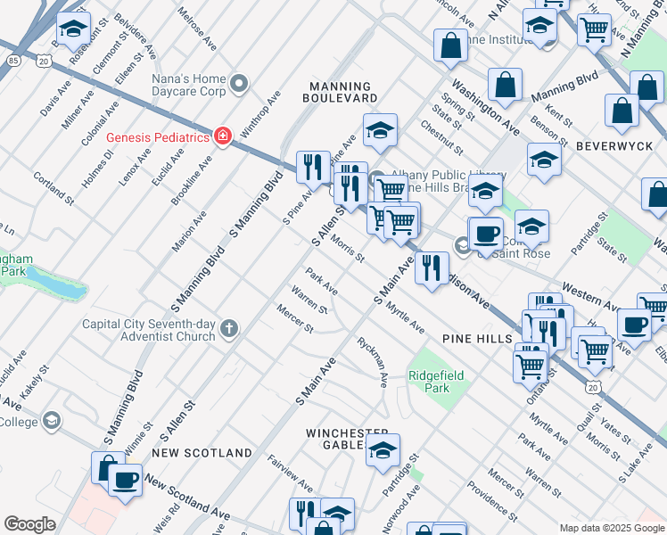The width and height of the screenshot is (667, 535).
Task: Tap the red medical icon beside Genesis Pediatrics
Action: (221, 136)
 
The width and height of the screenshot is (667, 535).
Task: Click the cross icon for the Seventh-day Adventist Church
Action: (229, 330)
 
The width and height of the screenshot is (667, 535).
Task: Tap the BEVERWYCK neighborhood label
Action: (621, 144)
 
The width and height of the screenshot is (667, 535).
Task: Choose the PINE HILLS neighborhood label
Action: (476, 340)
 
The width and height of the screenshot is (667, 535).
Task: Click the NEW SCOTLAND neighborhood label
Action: (202, 453)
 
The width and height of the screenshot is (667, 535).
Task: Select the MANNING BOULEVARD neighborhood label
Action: (339, 92)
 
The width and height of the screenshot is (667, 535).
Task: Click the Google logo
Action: (29, 524)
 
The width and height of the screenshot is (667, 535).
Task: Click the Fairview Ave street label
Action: (292, 475)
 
